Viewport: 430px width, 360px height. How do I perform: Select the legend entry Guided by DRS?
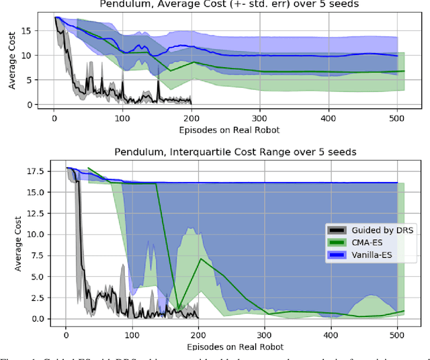[x=368, y=230]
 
